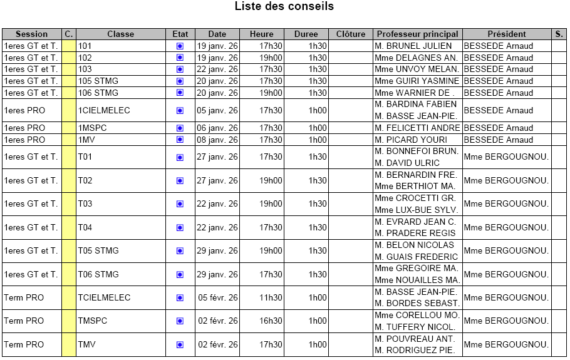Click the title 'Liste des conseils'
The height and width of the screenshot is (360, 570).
point(284,7)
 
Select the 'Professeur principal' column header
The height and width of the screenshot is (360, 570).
point(417,34)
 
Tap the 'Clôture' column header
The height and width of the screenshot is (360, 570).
point(351,34)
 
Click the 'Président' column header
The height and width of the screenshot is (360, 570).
point(507,34)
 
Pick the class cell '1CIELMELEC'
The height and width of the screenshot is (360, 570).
point(104,110)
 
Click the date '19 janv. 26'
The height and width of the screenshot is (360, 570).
point(217,46)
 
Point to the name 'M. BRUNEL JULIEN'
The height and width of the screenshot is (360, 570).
point(413,46)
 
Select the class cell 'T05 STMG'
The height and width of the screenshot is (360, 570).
point(98,250)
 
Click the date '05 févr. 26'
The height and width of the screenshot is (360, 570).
point(218,297)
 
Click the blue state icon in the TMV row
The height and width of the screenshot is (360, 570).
point(180,344)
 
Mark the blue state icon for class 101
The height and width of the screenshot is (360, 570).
point(180,46)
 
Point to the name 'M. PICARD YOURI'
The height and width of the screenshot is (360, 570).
point(411,140)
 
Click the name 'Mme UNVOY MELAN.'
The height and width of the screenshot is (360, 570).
point(417,69)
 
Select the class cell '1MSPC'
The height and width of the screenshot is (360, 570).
point(93,128)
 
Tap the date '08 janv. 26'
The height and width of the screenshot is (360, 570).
point(217,140)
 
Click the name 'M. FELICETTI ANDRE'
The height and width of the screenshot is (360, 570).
point(417,128)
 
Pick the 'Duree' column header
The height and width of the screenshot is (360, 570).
point(306,34)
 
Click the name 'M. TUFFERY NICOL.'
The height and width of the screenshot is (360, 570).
point(415,327)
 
